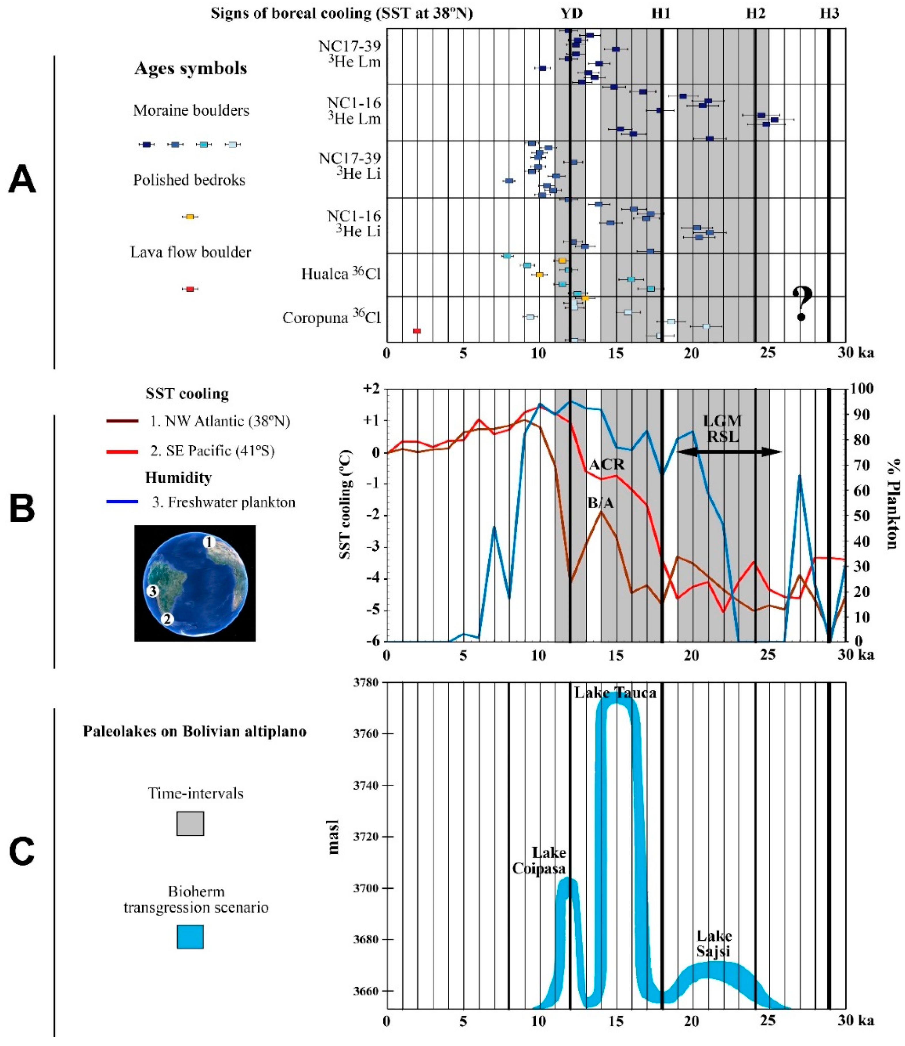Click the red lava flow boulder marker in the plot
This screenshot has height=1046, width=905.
click(417, 331)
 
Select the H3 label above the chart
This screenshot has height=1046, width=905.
click(829, 14)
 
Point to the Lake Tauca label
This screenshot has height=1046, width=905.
click(615, 692)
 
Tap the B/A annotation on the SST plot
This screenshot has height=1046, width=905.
click(601, 503)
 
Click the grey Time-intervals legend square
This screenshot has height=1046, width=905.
click(190, 824)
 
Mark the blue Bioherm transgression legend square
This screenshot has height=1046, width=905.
click(190, 936)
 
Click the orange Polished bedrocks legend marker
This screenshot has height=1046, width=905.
click(190, 217)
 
